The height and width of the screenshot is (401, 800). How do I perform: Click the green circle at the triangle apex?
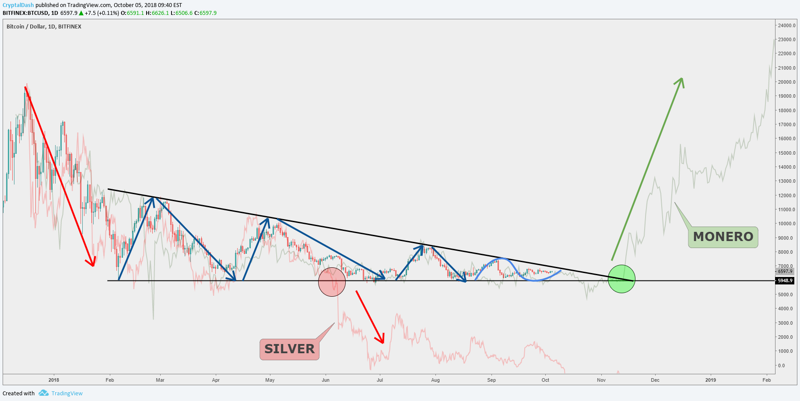tap(621, 279)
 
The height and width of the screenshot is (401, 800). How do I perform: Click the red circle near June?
tap(332, 282)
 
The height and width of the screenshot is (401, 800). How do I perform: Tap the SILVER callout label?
tap(289, 349)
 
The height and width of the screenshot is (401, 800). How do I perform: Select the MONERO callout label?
tap(723, 237)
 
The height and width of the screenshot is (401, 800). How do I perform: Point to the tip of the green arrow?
tap(682, 79)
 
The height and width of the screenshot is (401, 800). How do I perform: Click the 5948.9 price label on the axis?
tap(785, 280)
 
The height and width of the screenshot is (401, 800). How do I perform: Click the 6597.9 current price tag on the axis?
tap(785, 271)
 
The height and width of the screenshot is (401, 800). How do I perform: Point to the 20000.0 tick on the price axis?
tap(786, 82)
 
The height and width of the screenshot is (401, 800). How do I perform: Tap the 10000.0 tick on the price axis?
tap(786, 224)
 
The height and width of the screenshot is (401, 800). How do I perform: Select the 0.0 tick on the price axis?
tap(781, 366)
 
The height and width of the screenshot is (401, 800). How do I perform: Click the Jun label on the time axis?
tap(325, 380)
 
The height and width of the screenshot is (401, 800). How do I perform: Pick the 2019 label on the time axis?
tap(710, 380)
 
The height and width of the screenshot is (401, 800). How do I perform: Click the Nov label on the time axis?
tap(601, 380)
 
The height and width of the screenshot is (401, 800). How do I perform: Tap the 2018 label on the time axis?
tap(54, 380)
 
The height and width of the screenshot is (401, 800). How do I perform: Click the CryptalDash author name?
tap(18, 5)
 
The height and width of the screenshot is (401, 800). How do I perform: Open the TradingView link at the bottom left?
tap(67, 393)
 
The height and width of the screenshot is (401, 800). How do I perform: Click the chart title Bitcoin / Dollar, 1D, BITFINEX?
tap(44, 27)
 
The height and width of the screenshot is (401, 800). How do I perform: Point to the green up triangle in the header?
tap(81, 13)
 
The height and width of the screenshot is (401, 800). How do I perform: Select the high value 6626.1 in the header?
tap(160, 13)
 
